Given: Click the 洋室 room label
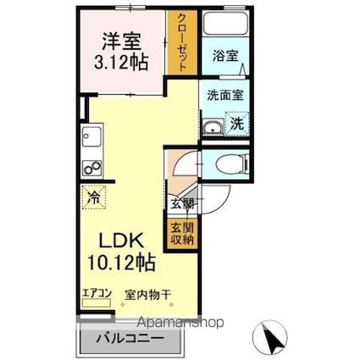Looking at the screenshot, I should pos(121,41).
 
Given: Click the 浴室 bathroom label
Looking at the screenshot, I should pos(225,57).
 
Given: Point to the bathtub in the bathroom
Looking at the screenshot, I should pos(225,25).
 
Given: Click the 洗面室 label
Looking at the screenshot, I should pos(225,95).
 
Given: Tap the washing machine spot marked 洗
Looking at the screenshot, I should pos(238,122).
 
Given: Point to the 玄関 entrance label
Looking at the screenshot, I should pos(182,203).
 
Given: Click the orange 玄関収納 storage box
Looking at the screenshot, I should pos(182,233).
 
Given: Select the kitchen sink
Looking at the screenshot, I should pos(91,136).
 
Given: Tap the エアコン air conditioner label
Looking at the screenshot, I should pos(97,295).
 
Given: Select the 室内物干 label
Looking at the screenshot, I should pos(148,295).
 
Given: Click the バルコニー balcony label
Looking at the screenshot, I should pos(129,339).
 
